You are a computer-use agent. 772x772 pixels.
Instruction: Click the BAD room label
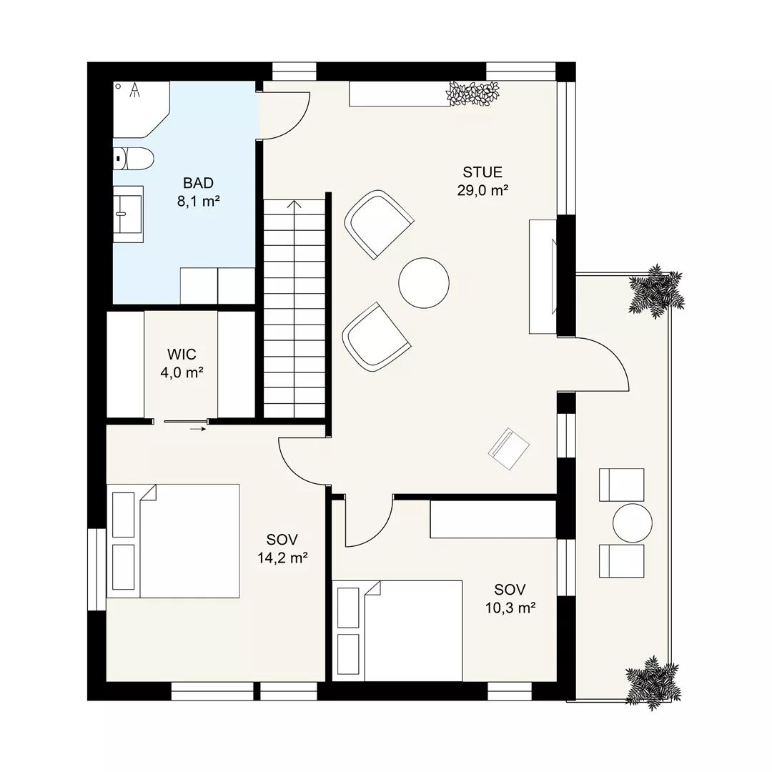198,183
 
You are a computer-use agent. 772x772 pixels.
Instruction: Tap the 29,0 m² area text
482,190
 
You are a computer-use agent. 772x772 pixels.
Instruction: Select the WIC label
182,354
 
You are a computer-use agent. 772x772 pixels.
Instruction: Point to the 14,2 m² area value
282,558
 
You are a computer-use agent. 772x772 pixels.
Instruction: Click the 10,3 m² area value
510,608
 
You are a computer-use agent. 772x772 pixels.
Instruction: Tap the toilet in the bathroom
134,159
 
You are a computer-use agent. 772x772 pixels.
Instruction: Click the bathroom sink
128,214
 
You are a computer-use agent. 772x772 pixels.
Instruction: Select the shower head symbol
134,89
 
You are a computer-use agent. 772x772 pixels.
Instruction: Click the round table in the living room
424,283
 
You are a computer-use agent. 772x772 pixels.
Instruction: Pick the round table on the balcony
633,523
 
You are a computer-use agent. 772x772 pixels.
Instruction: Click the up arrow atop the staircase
295,204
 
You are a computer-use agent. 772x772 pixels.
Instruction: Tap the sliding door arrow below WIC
197,429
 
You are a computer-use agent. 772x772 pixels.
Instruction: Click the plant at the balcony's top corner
656,290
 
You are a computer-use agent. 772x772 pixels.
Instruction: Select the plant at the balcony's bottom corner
653,683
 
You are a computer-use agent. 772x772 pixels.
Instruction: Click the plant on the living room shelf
472,94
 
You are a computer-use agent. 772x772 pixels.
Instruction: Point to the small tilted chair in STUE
509,448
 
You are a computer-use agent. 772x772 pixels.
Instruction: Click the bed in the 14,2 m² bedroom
173,540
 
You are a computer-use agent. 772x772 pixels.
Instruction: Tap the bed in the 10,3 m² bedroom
397,630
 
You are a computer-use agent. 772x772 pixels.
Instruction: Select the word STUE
482,172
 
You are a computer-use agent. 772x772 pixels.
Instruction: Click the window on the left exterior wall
97,569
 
